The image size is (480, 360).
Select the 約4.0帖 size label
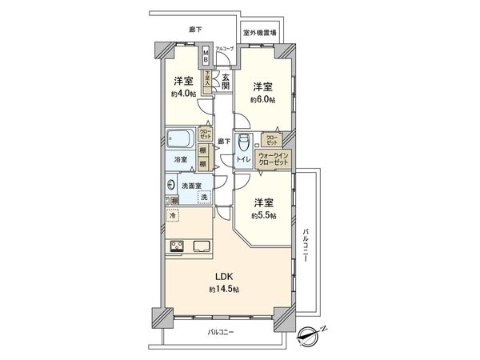click(x=182, y=94)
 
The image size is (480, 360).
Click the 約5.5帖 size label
click(x=263, y=217)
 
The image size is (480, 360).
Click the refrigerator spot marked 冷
click(x=173, y=216)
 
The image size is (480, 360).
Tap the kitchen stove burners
click(x=177, y=246)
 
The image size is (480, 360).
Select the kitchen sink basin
click(x=201, y=246)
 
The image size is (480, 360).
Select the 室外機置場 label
click(x=261, y=33)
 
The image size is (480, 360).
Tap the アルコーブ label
click(x=226, y=50)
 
